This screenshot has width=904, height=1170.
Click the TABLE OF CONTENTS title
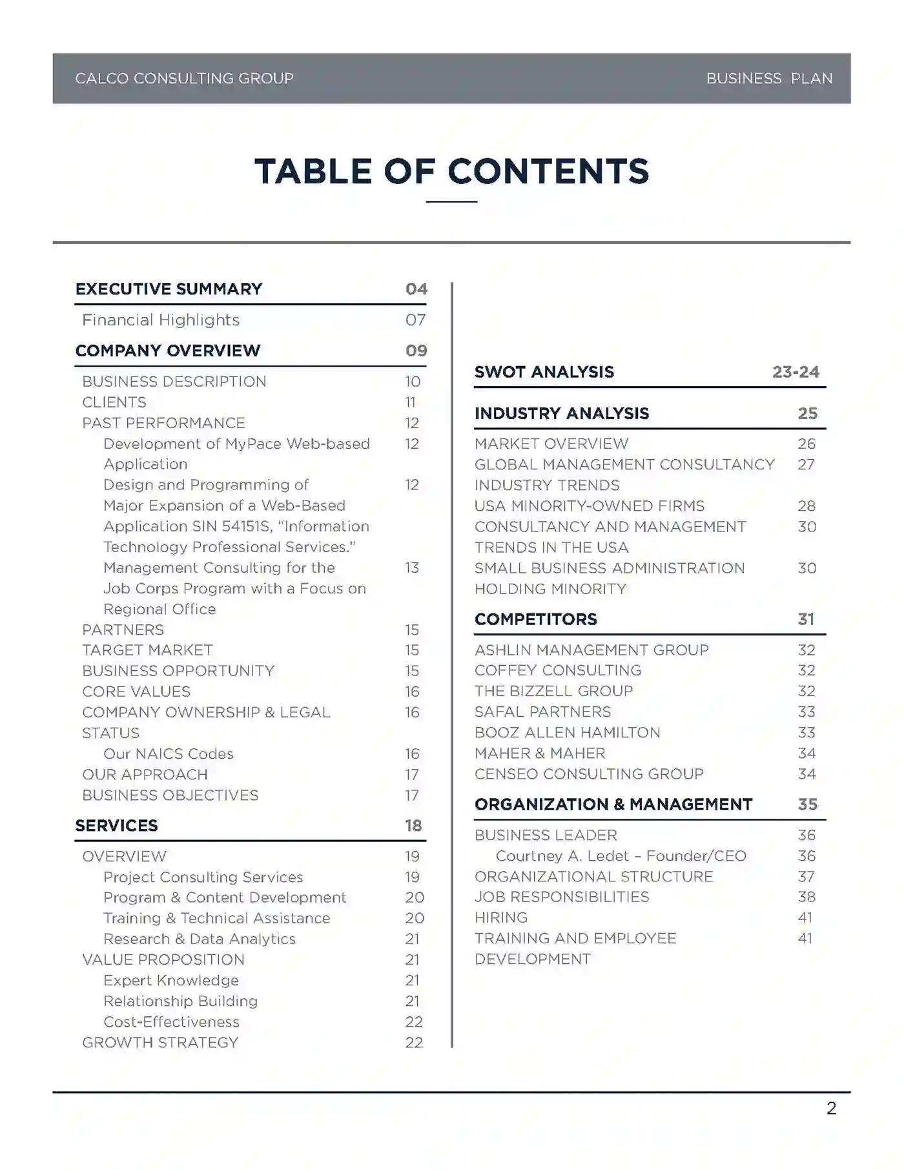(x=451, y=171)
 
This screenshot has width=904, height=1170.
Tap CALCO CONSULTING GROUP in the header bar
(x=184, y=79)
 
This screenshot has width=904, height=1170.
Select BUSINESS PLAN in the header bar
(x=768, y=79)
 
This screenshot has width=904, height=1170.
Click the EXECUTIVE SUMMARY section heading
(x=169, y=289)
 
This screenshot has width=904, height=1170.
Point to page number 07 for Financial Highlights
(x=415, y=320)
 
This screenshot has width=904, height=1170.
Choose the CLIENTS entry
(x=114, y=402)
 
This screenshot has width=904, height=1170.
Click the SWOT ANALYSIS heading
(x=544, y=372)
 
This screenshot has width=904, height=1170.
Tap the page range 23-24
(x=796, y=372)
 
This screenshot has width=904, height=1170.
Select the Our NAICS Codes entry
(x=168, y=754)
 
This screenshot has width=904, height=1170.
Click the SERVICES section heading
(x=116, y=825)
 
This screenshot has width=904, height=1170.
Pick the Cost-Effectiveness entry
(x=171, y=1021)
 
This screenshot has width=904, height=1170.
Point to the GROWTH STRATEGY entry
(x=160, y=1042)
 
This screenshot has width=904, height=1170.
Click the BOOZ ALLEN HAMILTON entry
(x=567, y=732)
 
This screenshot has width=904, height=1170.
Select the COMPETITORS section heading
(x=535, y=619)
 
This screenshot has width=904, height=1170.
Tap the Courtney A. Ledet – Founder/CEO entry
(x=621, y=856)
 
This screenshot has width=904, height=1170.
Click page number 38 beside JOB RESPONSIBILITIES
(x=806, y=897)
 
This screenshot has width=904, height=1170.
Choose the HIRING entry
(x=501, y=918)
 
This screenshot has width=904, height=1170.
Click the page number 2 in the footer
(x=831, y=1109)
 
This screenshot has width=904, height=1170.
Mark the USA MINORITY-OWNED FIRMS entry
(x=590, y=506)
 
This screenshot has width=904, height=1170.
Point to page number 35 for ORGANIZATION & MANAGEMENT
(x=807, y=804)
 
